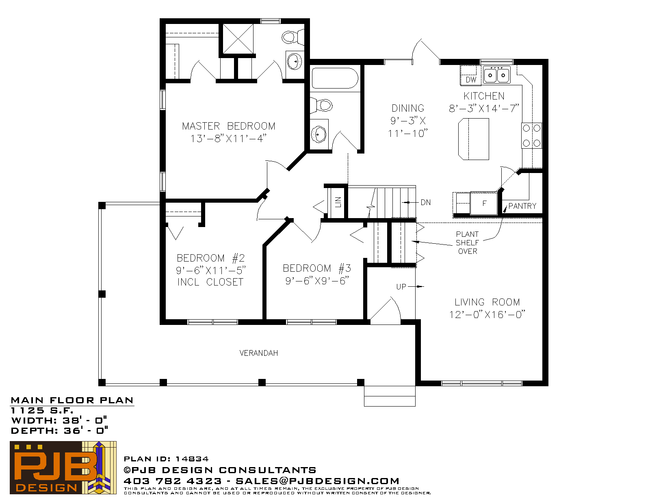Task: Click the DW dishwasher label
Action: point(471,80)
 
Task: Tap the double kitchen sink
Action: point(496,75)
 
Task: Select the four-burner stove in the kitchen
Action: point(531,136)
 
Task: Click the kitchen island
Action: point(474,139)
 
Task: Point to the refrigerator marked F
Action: point(484,203)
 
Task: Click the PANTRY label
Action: point(522,206)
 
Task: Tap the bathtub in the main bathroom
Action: point(335,78)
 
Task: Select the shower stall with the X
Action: point(238,39)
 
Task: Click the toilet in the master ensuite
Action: point(293,37)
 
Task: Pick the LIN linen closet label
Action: point(338,202)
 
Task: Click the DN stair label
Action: point(426,202)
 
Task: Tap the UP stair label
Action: point(401,287)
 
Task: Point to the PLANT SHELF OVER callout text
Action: point(467,243)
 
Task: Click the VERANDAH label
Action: point(259,353)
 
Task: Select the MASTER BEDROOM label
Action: point(229,126)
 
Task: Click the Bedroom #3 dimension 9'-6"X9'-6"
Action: point(317,281)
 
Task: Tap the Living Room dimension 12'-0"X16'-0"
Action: point(487,314)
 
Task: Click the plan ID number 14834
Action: point(192,459)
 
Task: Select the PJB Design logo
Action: point(63,467)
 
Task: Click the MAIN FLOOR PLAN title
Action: point(72,400)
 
